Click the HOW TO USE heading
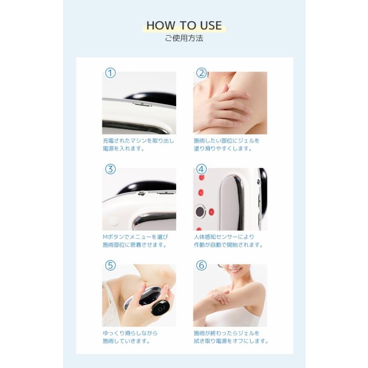(x=184, y=25)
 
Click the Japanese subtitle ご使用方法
(x=184, y=38)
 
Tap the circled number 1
(x=110, y=73)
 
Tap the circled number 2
(x=201, y=73)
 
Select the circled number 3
(x=110, y=169)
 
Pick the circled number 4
(x=201, y=169)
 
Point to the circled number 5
(x=110, y=265)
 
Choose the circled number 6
(x=201, y=265)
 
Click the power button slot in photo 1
(x=142, y=104)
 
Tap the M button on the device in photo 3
(x=141, y=193)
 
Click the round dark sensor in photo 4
(x=200, y=212)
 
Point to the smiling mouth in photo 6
(x=234, y=271)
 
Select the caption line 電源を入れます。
(x=123, y=148)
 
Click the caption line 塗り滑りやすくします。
(x=223, y=148)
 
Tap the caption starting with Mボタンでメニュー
(x=135, y=237)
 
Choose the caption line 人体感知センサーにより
(x=224, y=237)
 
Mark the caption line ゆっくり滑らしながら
(x=130, y=333)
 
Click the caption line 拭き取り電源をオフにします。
(x=231, y=341)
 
